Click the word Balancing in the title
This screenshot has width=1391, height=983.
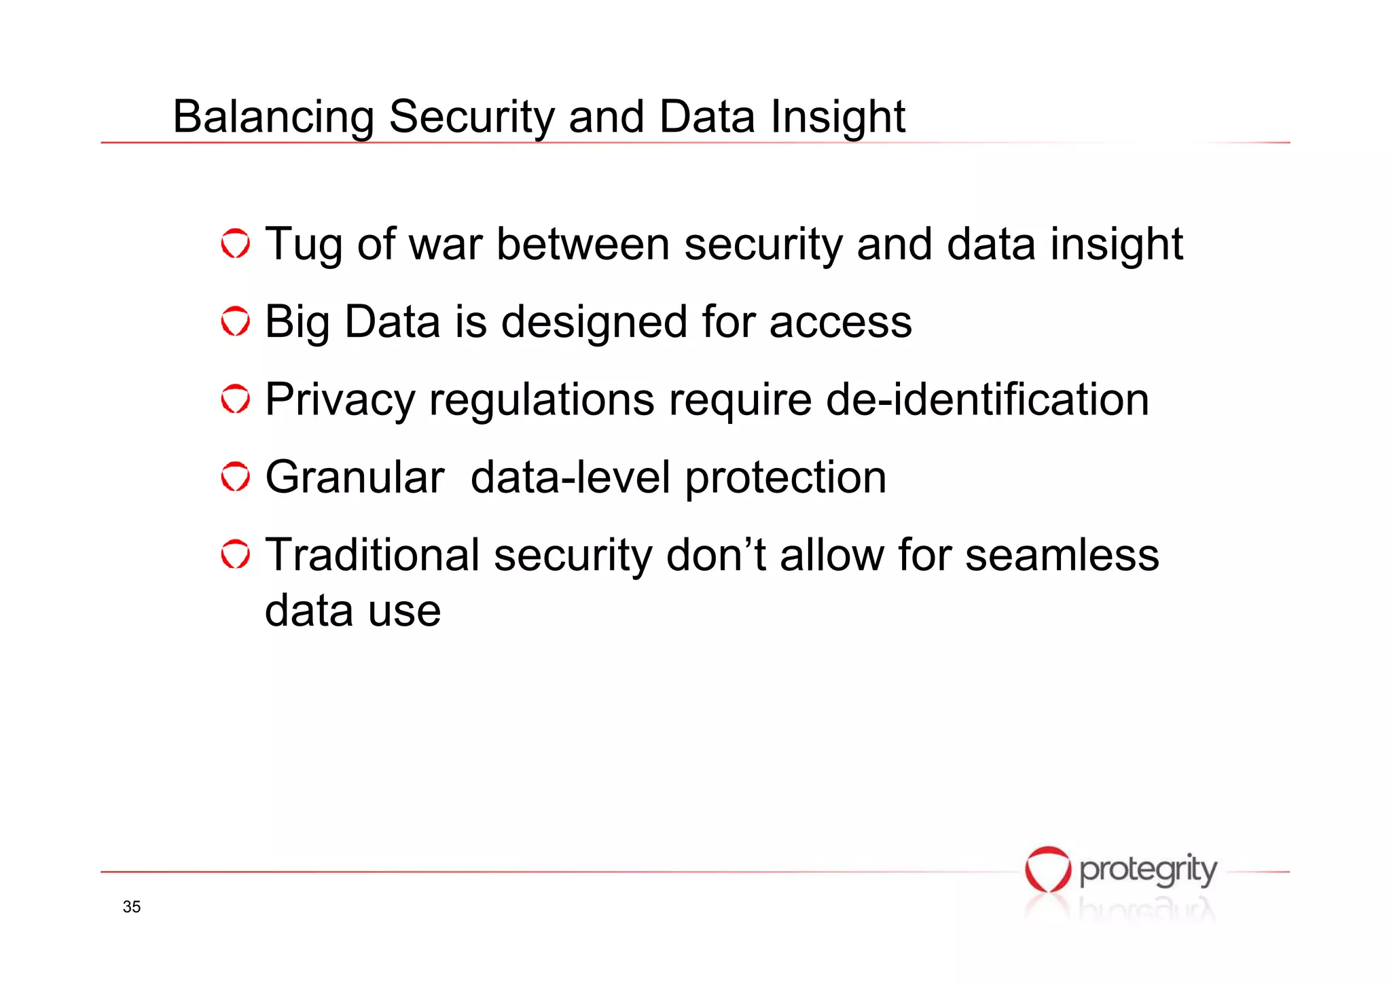pyautogui.click(x=272, y=117)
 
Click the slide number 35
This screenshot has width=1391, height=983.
pyautogui.click(x=132, y=907)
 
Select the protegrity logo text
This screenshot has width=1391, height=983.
pyautogui.click(x=1148, y=870)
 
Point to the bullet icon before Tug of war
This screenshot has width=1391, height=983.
pyautogui.click(x=236, y=244)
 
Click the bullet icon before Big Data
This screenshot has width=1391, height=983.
pyautogui.click(x=236, y=321)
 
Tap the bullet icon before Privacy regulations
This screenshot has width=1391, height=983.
pyautogui.click(x=236, y=399)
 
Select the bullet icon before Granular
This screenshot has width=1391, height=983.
pyautogui.click(x=236, y=477)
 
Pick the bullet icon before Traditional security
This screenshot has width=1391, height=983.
pyautogui.click(x=236, y=555)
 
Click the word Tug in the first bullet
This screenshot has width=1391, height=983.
pyautogui.click(x=303, y=245)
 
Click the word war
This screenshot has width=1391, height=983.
pyautogui.click(x=445, y=245)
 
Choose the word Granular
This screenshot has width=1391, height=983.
pyautogui.click(x=355, y=477)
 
